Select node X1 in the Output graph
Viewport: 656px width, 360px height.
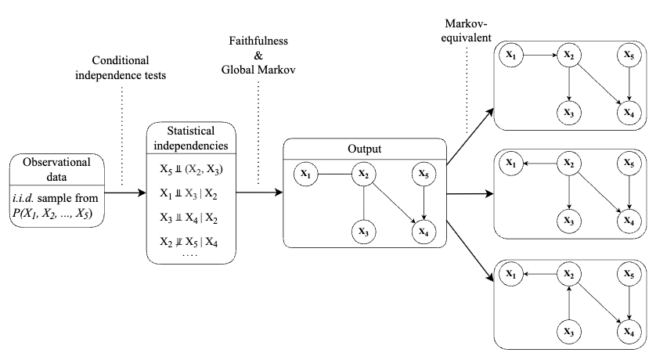click(306, 175)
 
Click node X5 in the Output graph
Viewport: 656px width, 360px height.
click(424, 175)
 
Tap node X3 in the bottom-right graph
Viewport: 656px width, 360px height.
click(569, 330)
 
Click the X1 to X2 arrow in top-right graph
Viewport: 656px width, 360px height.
click(539, 56)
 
